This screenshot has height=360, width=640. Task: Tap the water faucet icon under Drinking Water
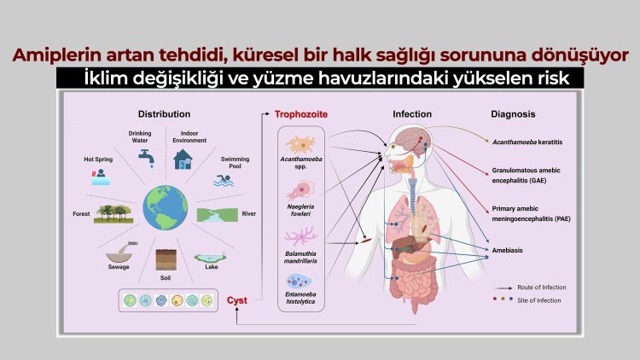pos(143,155)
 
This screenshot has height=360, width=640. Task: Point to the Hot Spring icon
pos(98,176)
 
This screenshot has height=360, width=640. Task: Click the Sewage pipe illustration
pos(122,253)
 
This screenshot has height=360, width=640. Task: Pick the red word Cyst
pos(237,299)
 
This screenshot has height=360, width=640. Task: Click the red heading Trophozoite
pos(301,113)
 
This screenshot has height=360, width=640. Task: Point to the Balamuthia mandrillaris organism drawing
pos(303,235)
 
